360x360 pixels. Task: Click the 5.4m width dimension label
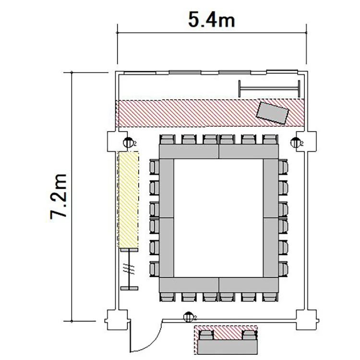pos(212,20)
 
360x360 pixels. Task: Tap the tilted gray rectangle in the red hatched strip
pos(273,113)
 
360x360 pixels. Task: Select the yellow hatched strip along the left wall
pos(129,200)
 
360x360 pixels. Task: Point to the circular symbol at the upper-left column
pos(128,143)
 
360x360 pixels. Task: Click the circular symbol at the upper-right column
pos(296,143)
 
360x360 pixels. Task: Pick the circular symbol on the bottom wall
pos(189,317)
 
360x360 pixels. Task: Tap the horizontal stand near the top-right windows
pos(269,88)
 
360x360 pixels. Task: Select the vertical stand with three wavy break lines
pos(130,269)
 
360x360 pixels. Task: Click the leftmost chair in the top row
pos(168,139)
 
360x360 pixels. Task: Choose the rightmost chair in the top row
pos(270,139)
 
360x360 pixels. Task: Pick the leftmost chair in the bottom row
pos(168,297)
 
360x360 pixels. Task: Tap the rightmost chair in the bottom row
pos(270,297)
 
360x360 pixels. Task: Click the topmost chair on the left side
pos(154,167)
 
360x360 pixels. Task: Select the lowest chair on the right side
pos(283,269)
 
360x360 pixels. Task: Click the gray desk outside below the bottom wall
pos(228,347)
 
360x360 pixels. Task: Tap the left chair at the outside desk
pos(206,335)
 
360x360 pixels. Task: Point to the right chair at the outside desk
pos(250,335)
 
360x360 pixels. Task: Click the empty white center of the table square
pos(218,218)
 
